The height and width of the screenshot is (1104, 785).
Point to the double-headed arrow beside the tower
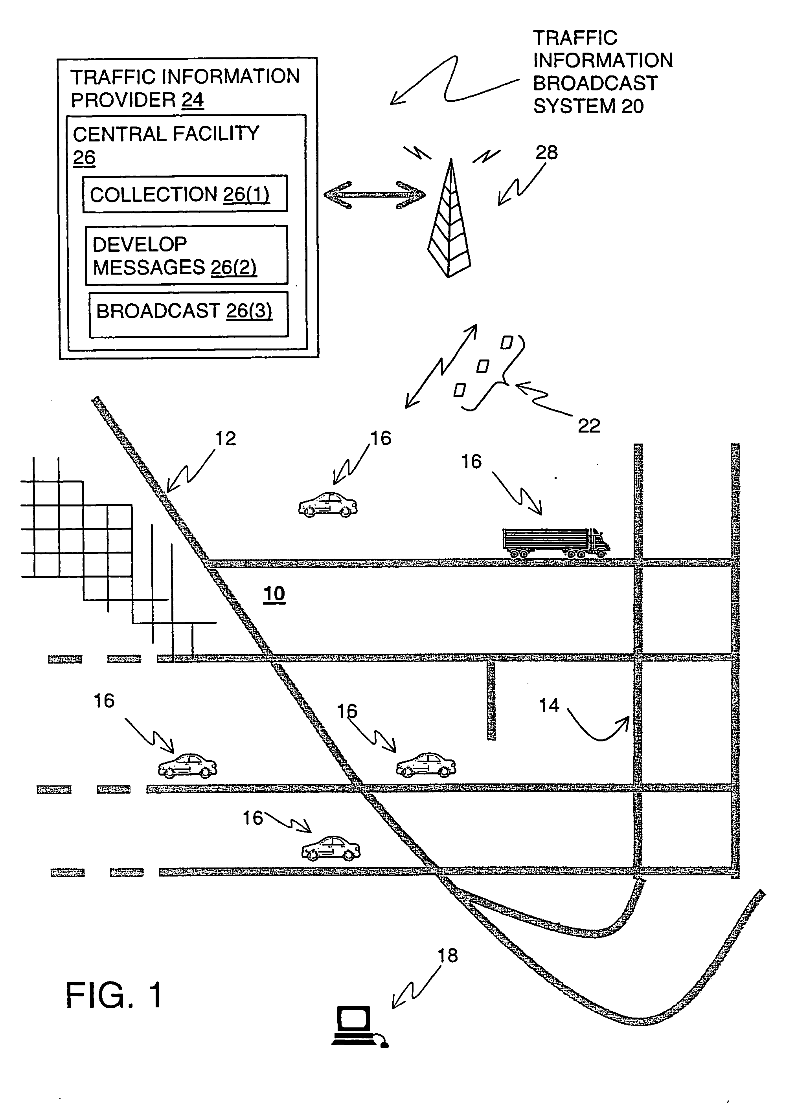(375, 195)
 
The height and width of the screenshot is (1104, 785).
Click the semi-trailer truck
(556, 543)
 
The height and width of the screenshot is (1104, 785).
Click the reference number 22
(589, 425)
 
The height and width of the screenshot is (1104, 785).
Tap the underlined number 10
(274, 593)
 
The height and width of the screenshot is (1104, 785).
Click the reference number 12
(225, 438)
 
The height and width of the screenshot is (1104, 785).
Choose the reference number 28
(547, 153)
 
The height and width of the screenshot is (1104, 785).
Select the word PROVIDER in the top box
(123, 100)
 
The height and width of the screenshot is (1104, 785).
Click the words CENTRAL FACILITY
(166, 134)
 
